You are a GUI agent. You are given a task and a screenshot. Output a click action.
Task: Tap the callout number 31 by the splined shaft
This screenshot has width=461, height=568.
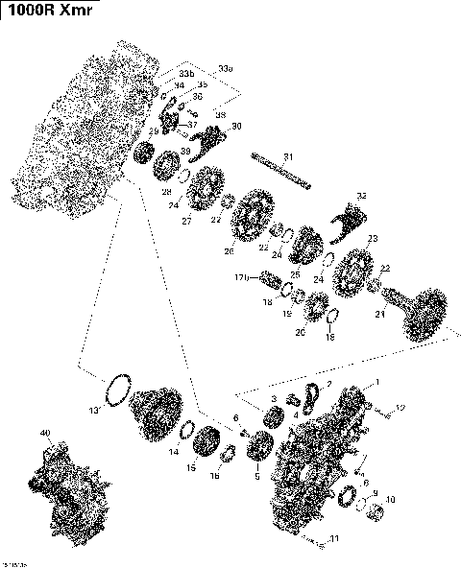click(x=287, y=156)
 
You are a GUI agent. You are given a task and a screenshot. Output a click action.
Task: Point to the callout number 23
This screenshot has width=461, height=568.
click(x=372, y=239)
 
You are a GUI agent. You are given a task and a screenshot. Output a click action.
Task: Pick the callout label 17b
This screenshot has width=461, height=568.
click(x=242, y=277)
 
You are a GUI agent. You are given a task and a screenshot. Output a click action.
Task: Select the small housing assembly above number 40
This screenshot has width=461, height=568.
click(x=67, y=480)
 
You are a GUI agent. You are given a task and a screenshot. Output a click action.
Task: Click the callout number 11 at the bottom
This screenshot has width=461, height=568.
click(x=334, y=538)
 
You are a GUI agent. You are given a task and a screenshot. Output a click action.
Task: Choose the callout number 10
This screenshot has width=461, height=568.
click(x=390, y=499)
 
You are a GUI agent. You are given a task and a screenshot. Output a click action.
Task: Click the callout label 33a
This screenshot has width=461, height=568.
click(x=225, y=70)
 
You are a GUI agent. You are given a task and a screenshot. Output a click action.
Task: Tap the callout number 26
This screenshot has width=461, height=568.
click(x=229, y=251)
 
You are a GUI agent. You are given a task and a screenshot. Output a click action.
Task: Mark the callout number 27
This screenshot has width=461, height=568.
click(x=186, y=222)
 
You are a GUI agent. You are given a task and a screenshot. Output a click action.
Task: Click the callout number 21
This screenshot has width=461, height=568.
click(x=379, y=313)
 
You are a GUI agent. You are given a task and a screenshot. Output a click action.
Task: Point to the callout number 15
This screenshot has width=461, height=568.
click(x=191, y=467)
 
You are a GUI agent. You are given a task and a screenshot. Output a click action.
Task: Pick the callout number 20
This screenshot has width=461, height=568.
click(x=300, y=332)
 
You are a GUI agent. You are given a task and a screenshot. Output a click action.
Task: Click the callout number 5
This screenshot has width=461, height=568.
click(x=256, y=476)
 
